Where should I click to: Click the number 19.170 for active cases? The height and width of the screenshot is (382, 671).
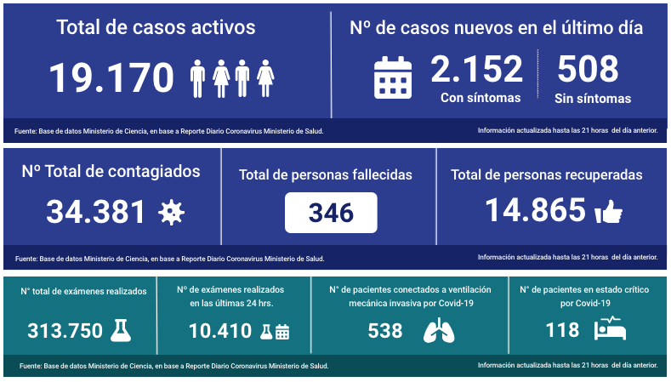click(111, 78)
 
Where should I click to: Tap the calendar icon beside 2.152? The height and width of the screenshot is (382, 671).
click(393, 77)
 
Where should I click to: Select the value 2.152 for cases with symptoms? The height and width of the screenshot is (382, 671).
click(476, 69)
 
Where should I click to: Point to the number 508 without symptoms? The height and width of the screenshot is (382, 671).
click(588, 69)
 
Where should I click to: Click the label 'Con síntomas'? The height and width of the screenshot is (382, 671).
click(481, 98)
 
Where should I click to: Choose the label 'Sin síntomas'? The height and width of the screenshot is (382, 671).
click(593, 99)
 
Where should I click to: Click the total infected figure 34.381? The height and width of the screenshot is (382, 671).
click(96, 212)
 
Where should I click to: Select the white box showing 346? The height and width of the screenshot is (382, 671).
click(331, 213)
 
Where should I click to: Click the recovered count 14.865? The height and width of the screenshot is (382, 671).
click(536, 210)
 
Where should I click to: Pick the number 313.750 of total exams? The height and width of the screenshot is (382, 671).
click(65, 330)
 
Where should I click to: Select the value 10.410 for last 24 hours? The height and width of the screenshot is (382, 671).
click(219, 331)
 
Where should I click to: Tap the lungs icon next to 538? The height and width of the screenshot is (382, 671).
click(439, 331)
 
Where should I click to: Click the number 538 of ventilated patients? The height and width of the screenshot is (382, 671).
click(385, 331)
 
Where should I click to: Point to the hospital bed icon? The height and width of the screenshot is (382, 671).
click(611, 329)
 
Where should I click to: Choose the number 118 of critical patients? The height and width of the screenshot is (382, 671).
click(562, 330)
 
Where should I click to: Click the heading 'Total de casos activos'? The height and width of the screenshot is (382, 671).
click(156, 27)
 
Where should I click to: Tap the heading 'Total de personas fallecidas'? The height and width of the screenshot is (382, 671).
click(326, 174)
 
